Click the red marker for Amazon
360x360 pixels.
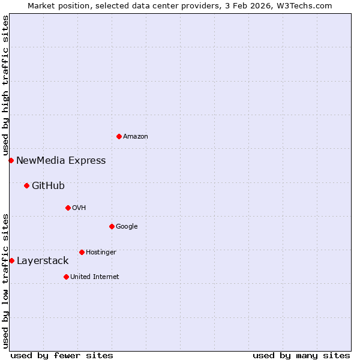119,136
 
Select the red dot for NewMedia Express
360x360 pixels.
11,160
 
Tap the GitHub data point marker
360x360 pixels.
26,185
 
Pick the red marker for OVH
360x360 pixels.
68,208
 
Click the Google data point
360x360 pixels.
112,226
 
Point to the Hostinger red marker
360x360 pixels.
82,252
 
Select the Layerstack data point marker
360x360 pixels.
11,260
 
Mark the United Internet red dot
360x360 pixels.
66,277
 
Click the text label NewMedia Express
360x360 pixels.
61,160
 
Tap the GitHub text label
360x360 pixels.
48,185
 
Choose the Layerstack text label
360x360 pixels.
43,260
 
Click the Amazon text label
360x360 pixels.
136,136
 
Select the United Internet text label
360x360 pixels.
95,277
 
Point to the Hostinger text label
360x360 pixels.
101,252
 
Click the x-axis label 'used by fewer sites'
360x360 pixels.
62,355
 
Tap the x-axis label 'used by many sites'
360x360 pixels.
301,355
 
